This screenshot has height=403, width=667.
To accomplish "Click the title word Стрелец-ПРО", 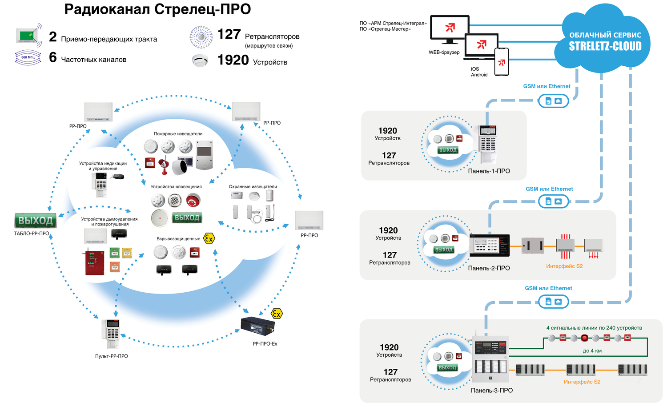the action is click(x=202, y=9).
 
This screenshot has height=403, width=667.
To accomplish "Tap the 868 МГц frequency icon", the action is click(x=28, y=57).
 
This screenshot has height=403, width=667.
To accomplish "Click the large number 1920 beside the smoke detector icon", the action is click(x=233, y=60).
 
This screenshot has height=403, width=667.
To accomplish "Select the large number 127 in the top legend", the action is click(x=229, y=34).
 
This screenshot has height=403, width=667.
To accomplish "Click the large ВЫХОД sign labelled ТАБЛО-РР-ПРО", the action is click(x=36, y=221).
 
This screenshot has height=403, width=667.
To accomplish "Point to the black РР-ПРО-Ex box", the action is click(x=258, y=326).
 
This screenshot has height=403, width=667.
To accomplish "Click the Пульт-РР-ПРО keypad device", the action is click(x=110, y=334).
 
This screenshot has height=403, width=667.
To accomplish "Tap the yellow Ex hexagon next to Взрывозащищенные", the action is click(x=209, y=238).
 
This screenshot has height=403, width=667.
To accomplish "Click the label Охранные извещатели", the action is click(x=253, y=187).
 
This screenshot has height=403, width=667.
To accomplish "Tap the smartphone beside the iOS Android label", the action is click(x=502, y=62).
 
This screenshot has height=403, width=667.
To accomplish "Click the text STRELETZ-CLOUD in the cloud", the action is click(x=605, y=46).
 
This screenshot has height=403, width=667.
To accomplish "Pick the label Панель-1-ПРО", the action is click(x=489, y=171).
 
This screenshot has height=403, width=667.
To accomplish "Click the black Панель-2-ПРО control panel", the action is click(x=490, y=245).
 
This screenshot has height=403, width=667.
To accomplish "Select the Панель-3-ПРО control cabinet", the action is click(x=490, y=359).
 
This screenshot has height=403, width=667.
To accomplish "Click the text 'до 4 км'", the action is click(x=592, y=351).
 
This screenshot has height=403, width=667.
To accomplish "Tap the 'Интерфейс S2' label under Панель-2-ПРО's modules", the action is click(x=564, y=266).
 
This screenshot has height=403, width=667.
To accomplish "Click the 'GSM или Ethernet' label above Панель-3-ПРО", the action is click(x=548, y=288).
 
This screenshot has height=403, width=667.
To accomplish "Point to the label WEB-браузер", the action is click(x=444, y=52).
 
